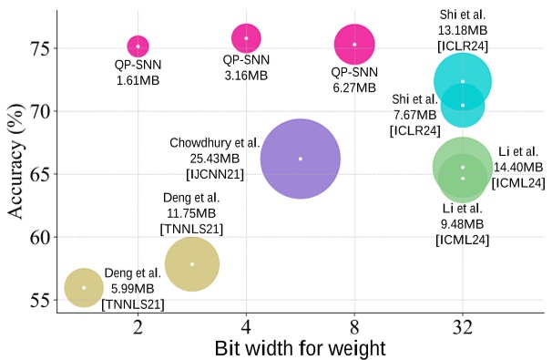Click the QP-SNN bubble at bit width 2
[x=138, y=46]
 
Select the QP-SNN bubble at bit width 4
[x=246, y=38]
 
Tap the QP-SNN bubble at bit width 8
[x=354, y=44]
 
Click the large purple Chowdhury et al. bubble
[x=300, y=159]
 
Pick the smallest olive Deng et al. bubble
[x=84, y=287]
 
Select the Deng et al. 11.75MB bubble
[x=191, y=263]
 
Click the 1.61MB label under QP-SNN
[x=138, y=81]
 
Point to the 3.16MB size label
[x=246, y=74]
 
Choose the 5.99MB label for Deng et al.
[x=132, y=287]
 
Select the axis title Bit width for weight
[x=300, y=347]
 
